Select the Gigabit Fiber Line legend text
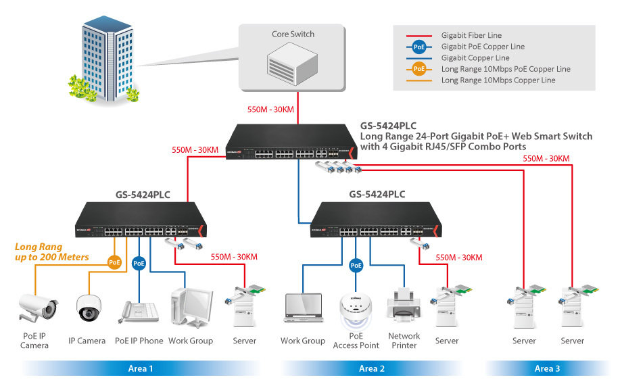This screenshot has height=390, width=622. (471, 35)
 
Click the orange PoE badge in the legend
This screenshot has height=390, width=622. (419, 69)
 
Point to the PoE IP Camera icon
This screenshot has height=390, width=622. (37, 307)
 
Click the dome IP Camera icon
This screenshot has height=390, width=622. (87, 308)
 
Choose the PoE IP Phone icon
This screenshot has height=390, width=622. (139, 312)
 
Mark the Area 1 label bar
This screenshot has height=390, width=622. (141, 368)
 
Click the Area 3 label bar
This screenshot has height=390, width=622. (547, 368)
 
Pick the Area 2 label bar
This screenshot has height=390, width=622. (372, 368)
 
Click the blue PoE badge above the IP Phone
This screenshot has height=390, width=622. (139, 262)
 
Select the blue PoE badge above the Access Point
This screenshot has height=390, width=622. (356, 266)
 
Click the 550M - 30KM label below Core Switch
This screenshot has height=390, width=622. (270, 109)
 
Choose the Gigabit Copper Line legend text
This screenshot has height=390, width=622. (475, 58)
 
